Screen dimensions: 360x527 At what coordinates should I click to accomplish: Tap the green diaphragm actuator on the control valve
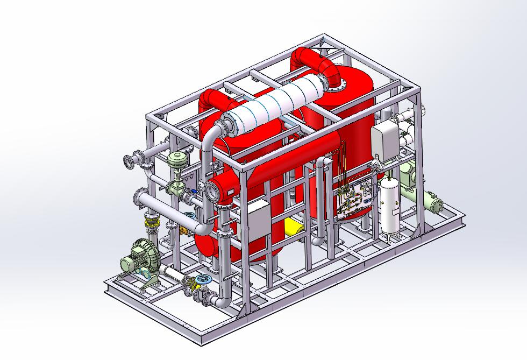176,160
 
